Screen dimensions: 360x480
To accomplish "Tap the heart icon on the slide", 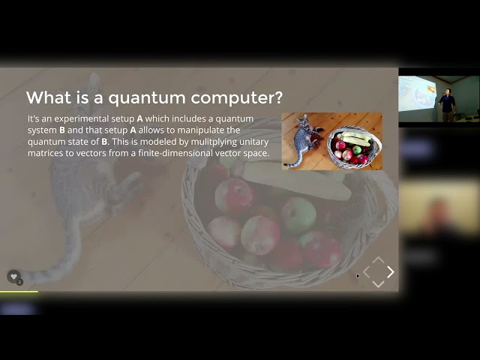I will pyautogui.click(x=13, y=276).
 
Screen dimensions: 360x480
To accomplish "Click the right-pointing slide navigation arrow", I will pyautogui.click(x=390, y=272).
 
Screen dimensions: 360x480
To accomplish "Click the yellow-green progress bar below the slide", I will pyautogui.click(x=19, y=292).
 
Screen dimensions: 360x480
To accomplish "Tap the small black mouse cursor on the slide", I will pyautogui.click(x=358, y=276).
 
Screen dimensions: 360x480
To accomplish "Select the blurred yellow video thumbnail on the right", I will pyautogui.click(x=439, y=208).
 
